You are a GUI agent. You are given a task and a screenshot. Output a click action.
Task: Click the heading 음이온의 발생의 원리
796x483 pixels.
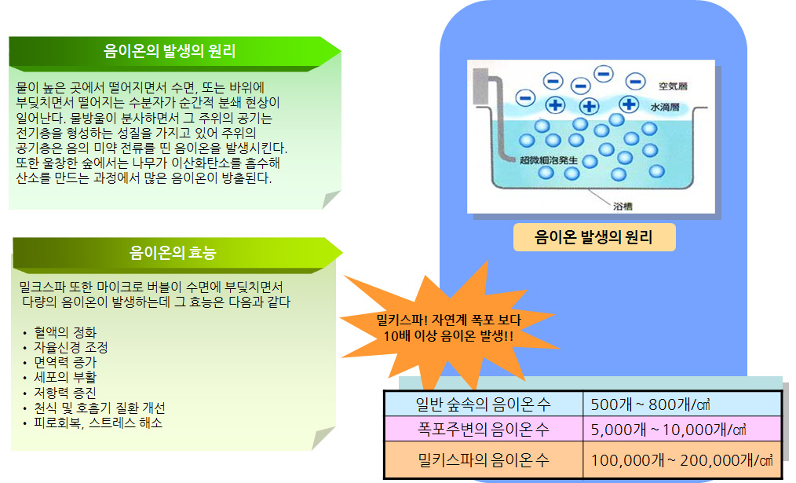[170, 51]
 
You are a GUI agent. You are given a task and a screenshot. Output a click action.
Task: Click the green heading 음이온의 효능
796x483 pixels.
[173, 252]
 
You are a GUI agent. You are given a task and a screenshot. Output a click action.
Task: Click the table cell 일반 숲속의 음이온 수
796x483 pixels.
[484, 404]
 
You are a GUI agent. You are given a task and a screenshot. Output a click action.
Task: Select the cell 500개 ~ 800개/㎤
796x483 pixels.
[682, 404]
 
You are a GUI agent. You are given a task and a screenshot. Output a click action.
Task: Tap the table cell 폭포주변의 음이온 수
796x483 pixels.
[484, 430]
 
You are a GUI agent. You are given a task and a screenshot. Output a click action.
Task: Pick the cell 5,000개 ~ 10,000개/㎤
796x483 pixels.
[682, 430]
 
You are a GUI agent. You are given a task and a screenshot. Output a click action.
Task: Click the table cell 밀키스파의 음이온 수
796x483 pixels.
[484, 460]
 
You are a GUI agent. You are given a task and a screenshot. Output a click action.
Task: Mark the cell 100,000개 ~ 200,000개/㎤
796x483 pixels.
[682, 460]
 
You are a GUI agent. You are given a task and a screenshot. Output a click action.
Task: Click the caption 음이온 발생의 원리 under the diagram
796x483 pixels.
[593, 237]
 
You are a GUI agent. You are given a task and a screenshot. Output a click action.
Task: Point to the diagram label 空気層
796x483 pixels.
[674, 86]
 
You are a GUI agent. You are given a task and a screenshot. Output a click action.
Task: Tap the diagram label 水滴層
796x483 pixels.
[665, 107]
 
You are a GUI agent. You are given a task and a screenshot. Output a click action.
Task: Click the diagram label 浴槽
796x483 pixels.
[623, 207]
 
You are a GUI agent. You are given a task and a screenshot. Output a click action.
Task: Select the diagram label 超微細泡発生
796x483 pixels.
[549, 160]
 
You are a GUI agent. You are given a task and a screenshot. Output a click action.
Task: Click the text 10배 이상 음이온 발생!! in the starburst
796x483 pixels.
[448, 336]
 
